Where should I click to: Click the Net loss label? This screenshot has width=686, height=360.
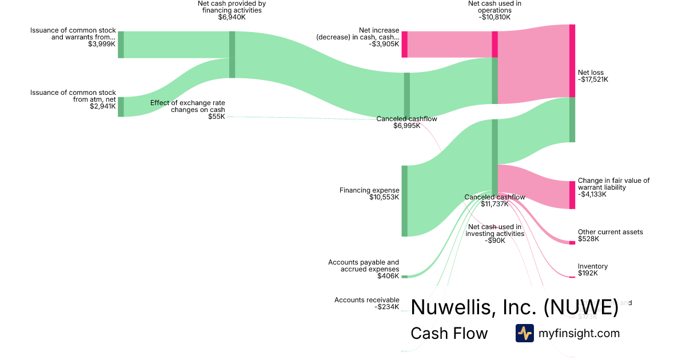tap(593, 76)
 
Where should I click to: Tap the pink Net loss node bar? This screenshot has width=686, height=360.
tap(572, 61)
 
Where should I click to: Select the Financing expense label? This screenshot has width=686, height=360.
tap(369, 194)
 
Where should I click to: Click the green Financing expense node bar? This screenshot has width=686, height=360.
tap(404, 201)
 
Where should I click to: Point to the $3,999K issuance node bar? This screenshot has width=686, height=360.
tap(121, 45)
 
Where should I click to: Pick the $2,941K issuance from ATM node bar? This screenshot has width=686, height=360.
tap(121, 107)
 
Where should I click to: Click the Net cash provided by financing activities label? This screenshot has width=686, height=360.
tap(232, 10)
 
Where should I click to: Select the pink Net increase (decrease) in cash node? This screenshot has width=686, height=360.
tap(404, 44)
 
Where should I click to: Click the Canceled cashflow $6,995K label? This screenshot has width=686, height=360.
tap(406, 122)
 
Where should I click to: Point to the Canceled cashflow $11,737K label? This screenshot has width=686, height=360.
tap(494, 201)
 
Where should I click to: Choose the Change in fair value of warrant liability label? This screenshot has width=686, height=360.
tap(613, 187)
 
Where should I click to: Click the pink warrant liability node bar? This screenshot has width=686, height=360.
tap(572, 195)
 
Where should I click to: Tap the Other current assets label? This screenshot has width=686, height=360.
tap(610, 235)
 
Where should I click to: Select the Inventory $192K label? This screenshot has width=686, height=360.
tap(592, 270)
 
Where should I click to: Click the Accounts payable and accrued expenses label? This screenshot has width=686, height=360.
tap(364, 269)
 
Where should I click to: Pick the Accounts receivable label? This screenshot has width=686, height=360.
tap(367, 303)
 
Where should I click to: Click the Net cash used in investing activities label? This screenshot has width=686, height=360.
tap(495, 234)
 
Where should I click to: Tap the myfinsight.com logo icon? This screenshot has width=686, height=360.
tap(524, 333)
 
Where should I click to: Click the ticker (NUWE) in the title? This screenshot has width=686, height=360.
tap(581, 307)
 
